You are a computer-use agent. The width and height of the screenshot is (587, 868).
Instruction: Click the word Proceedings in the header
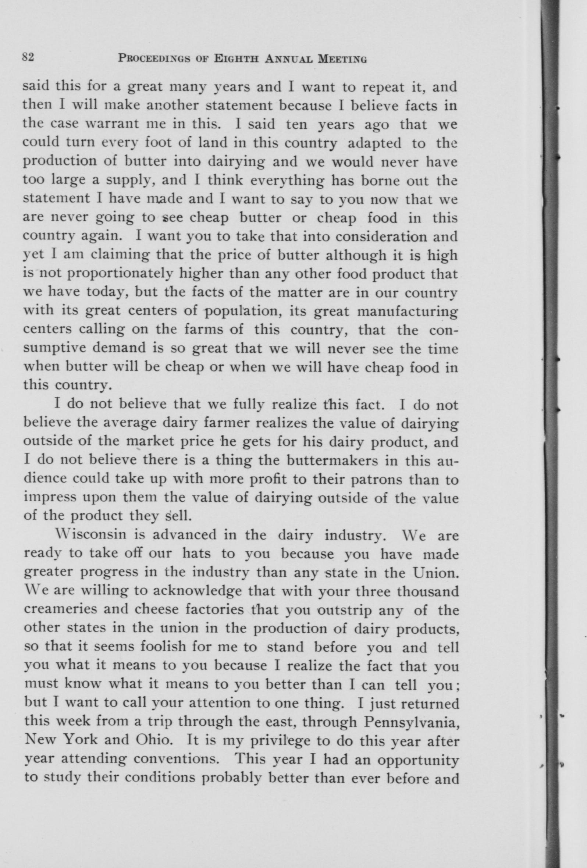[157, 58]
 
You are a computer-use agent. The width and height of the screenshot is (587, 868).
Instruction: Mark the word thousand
[427, 591]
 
